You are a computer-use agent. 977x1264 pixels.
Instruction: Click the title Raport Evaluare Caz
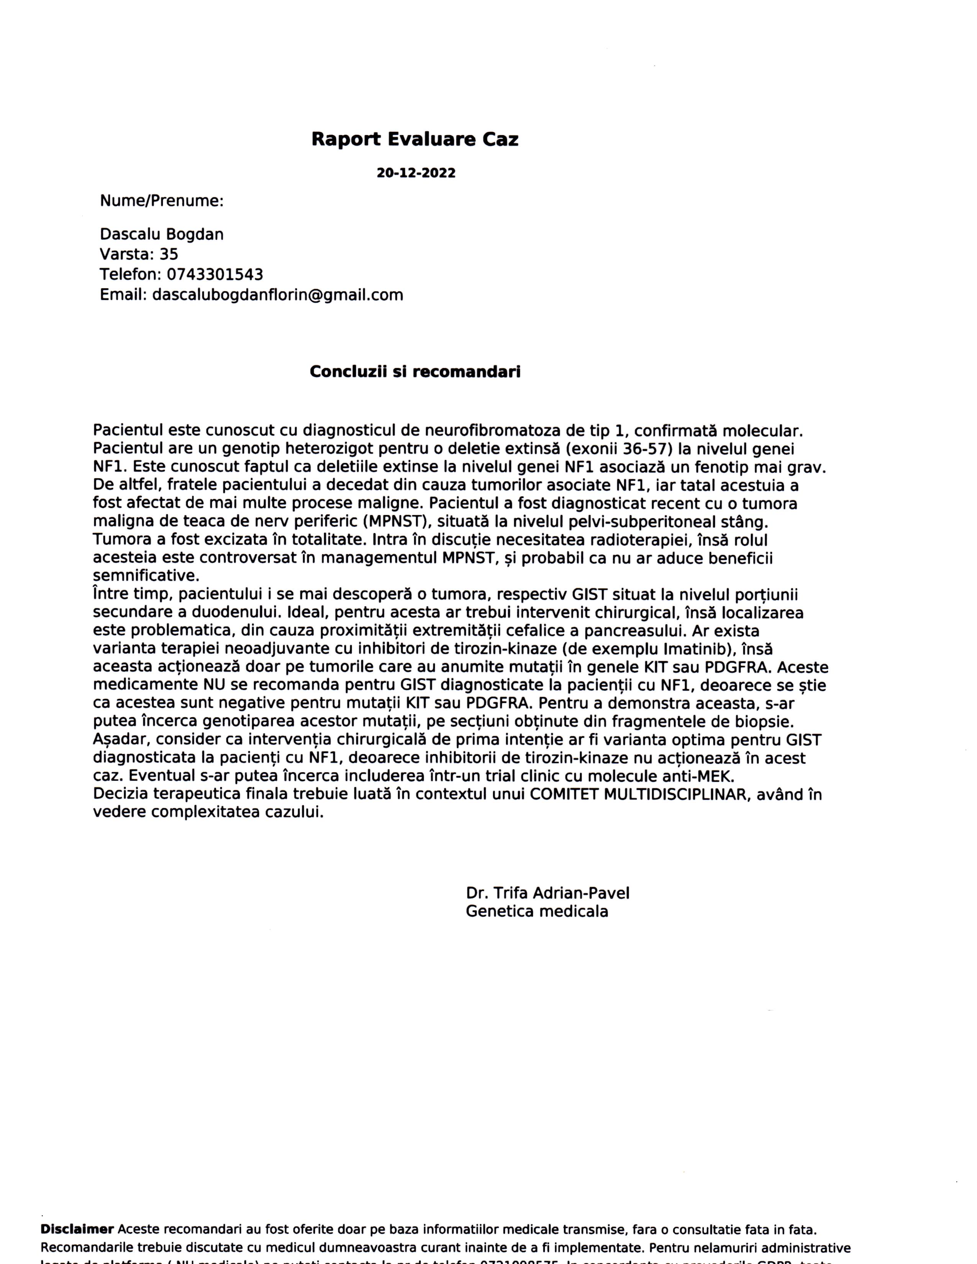pos(415,139)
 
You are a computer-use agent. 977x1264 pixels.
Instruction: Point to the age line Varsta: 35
pos(139,254)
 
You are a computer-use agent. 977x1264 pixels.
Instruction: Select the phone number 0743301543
pos(215,274)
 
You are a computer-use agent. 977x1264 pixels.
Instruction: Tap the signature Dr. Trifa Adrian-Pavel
pos(547,893)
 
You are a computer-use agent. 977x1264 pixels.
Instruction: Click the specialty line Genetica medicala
pos(536,912)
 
